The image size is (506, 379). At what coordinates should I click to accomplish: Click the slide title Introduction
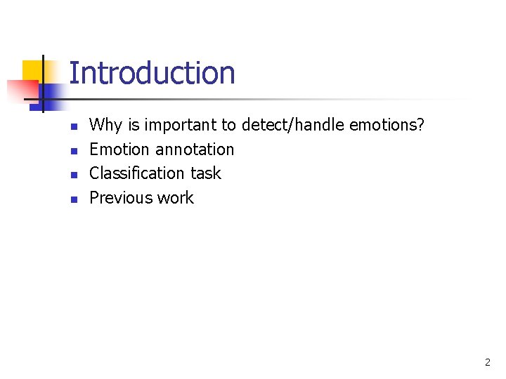click(152, 73)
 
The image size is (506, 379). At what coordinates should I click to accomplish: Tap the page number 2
click(488, 363)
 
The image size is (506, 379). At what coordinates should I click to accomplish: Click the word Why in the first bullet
click(105, 126)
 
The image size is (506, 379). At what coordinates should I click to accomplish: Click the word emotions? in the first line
click(387, 125)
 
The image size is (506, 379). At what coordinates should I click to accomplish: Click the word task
click(206, 173)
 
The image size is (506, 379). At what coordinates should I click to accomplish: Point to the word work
click(175, 198)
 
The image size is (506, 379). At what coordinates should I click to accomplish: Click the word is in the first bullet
click(134, 126)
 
